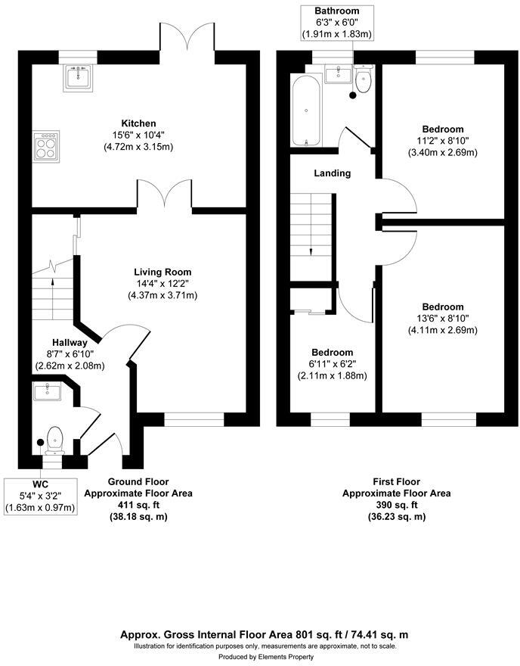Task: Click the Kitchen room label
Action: click(x=139, y=123)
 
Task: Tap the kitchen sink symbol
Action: click(x=79, y=78)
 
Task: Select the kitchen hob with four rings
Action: click(x=45, y=145)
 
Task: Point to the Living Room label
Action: click(x=162, y=272)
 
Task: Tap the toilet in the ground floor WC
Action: click(x=55, y=438)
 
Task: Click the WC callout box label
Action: click(x=41, y=484)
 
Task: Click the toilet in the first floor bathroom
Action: click(x=364, y=80)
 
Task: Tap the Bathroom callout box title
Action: click(x=337, y=11)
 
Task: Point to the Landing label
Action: click(x=333, y=173)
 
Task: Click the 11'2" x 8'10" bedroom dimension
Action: click(x=443, y=141)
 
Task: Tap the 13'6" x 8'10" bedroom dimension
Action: click(x=443, y=319)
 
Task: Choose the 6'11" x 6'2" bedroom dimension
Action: click(x=332, y=364)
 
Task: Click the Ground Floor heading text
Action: click(x=138, y=481)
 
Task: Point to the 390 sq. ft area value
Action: click(x=397, y=505)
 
